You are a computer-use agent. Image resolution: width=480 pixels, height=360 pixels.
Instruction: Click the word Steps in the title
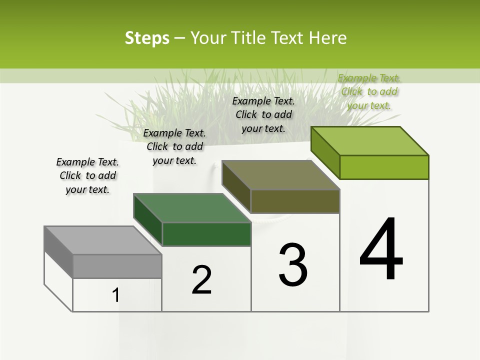(x=147, y=38)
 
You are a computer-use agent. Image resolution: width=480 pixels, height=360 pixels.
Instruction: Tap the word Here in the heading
(x=328, y=38)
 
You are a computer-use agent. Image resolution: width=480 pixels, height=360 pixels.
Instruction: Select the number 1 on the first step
(x=116, y=295)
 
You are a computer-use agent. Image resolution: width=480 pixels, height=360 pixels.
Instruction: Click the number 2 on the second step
(x=201, y=280)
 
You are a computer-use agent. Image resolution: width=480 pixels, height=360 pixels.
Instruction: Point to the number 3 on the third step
(x=293, y=265)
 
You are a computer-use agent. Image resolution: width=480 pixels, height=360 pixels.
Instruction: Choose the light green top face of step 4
(x=370, y=141)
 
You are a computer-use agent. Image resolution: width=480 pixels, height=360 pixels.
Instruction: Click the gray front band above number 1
(x=117, y=266)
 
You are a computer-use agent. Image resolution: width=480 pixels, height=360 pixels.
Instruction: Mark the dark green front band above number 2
(x=206, y=234)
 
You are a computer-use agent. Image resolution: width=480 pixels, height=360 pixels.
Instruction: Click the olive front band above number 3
(x=295, y=201)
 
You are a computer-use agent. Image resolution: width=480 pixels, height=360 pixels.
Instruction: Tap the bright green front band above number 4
(x=384, y=167)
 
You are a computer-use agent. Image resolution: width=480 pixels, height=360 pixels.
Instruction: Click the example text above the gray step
(x=87, y=175)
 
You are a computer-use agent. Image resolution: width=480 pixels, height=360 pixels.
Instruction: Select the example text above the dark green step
(x=174, y=146)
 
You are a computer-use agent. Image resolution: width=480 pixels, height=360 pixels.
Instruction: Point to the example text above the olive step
(x=263, y=114)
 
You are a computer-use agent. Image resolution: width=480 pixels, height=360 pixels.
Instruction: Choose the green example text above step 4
(x=369, y=91)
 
